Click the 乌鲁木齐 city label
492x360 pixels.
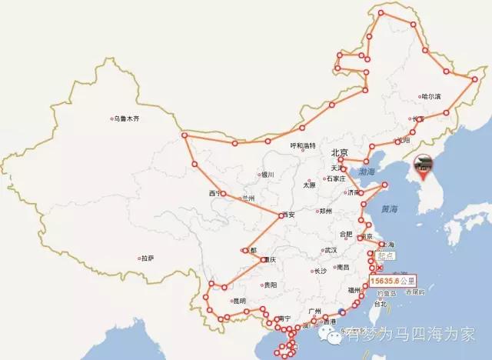click(128, 118)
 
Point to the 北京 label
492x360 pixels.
click(340, 152)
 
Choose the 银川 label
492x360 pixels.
click(268, 175)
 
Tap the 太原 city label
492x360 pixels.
click(309, 185)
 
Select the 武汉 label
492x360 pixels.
click(331, 250)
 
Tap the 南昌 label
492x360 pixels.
click(343, 266)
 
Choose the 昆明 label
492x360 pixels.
click(239, 301)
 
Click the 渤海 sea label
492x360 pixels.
click(360, 172)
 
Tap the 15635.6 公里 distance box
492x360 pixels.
click(390, 281)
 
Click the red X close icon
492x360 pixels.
click(379, 268)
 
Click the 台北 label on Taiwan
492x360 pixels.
click(380, 304)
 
